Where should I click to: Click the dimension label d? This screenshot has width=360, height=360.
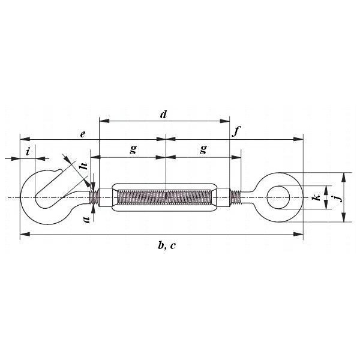(x=163, y=115)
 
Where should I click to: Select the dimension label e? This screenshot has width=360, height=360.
(x=83, y=134)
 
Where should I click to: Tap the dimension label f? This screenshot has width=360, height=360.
(x=236, y=131)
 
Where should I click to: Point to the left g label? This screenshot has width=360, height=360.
(x=133, y=149)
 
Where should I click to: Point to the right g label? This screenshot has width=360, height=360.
(x=203, y=149)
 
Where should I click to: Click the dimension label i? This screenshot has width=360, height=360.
(x=28, y=152)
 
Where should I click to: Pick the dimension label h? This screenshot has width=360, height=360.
(x=83, y=166)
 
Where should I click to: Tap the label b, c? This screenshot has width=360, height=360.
(x=167, y=245)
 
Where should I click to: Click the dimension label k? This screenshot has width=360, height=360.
(x=317, y=197)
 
